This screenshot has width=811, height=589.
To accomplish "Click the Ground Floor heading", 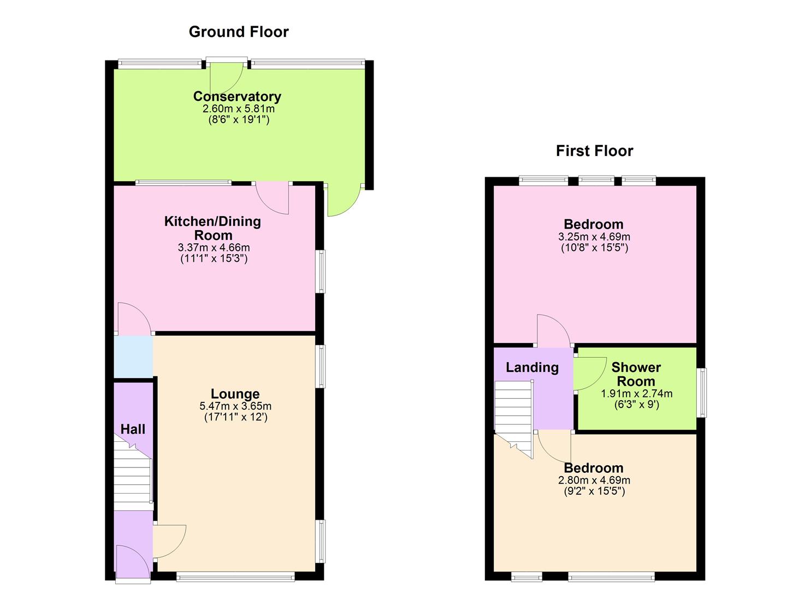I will [x=239, y=32].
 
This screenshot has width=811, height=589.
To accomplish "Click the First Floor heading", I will [x=594, y=151].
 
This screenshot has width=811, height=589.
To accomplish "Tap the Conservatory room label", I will [x=237, y=97].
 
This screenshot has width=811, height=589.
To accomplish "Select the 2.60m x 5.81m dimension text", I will [x=239, y=109].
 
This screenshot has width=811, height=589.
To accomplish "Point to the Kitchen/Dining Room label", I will [x=213, y=228].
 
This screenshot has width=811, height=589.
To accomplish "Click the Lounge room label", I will [x=235, y=394].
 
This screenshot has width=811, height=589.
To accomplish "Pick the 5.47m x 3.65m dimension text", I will [x=235, y=406].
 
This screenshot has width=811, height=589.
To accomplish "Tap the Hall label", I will [x=133, y=429].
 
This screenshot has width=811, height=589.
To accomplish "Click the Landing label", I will [x=532, y=368].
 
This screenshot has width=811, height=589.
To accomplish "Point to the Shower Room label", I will [x=636, y=374].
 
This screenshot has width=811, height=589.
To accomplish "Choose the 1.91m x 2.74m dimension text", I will [x=637, y=394].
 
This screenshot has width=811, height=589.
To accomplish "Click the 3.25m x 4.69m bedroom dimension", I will [x=594, y=237].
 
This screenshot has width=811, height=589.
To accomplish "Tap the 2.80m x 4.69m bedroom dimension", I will [x=594, y=480].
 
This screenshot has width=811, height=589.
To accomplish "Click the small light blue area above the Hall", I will [x=133, y=357].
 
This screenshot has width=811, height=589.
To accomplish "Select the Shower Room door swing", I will [x=590, y=374].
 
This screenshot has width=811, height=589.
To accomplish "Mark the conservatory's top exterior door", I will [x=226, y=76].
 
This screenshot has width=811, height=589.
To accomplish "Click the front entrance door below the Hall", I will [x=133, y=565].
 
